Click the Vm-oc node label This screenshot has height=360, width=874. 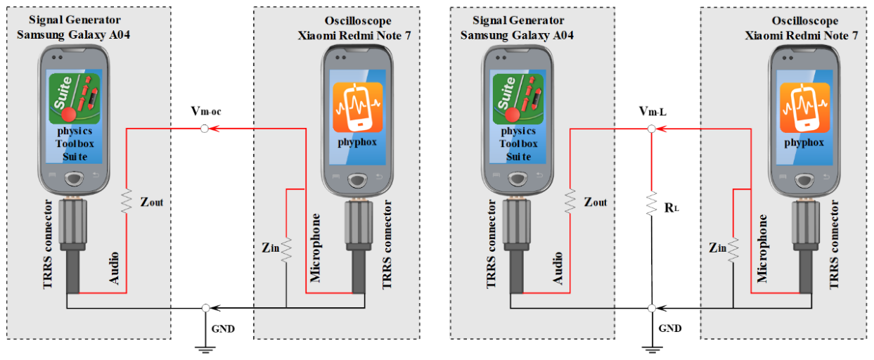click(206, 112)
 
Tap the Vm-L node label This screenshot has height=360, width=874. click(653, 112)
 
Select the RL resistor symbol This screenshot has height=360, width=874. click(651, 203)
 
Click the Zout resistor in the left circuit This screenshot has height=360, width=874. click(127, 200)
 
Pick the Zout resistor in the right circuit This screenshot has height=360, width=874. click(570, 200)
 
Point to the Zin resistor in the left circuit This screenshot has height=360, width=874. click(286, 250)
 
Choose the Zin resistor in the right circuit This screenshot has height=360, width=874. click(733, 250)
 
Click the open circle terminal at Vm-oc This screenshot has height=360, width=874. click(205, 129)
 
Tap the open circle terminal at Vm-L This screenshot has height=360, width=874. click(651, 129)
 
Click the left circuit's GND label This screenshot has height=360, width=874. click(223, 329)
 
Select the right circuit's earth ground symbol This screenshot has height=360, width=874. click(652, 349)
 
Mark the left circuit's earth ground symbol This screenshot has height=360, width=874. click(205, 349)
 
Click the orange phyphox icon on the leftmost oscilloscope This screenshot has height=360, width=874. click(357, 108)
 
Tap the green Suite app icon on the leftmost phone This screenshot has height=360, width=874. click(75, 98)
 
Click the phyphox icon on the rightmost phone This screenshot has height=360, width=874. click(804, 108)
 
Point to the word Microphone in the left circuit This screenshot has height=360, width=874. click(315, 247)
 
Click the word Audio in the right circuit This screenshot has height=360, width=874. click(558, 268)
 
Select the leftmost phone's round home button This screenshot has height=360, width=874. click(74, 179)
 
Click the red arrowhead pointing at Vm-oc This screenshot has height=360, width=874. click(214, 129)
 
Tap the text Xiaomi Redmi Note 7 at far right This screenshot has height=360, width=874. click(802, 36)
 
